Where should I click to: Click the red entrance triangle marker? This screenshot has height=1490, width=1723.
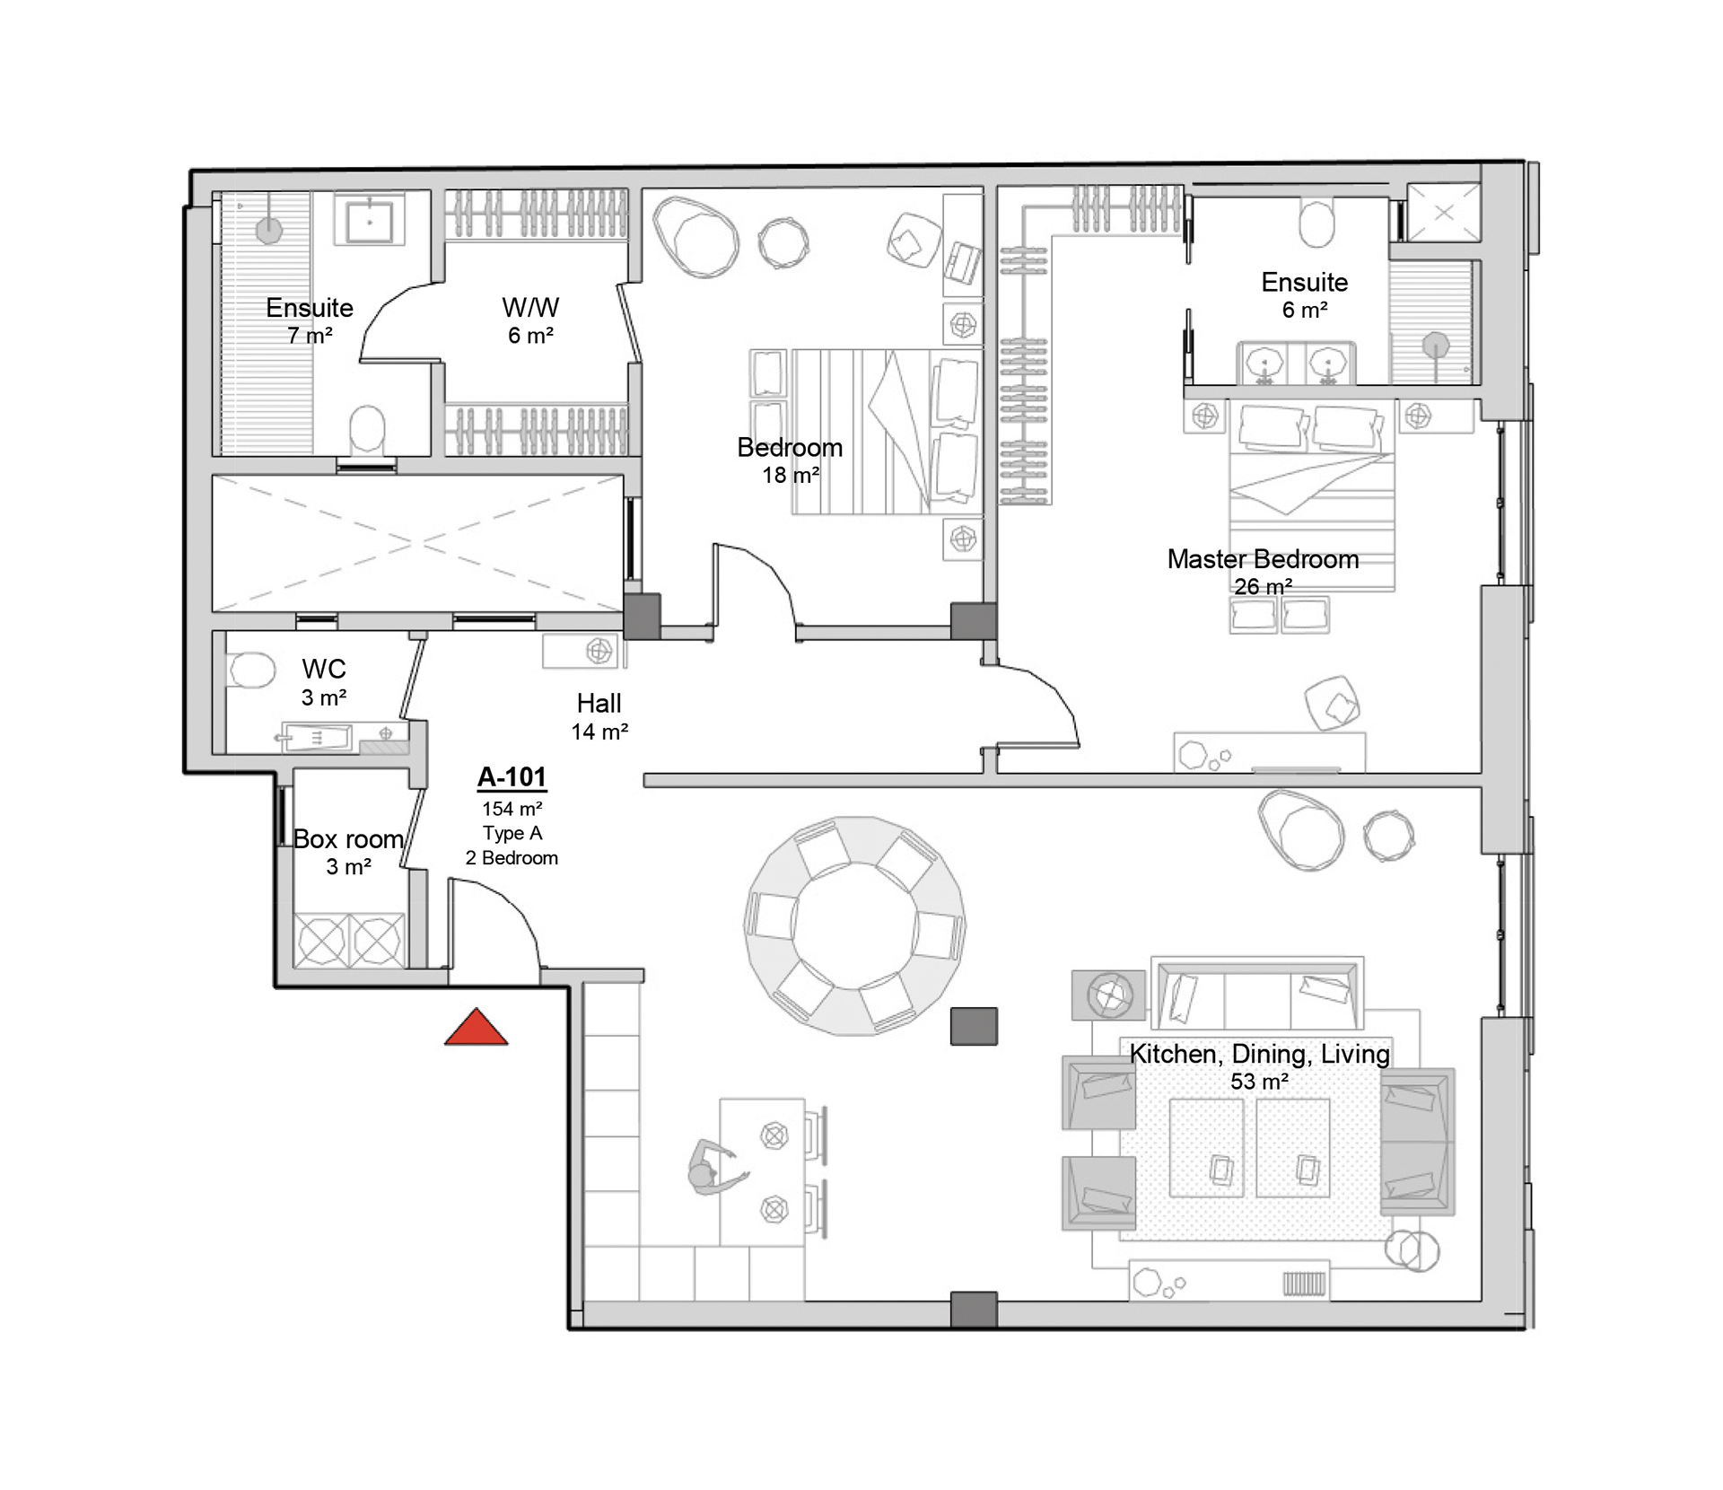[x=477, y=1028]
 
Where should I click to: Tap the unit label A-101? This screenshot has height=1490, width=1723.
[x=512, y=776]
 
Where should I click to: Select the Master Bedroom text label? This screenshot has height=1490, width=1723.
[x=1263, y=559]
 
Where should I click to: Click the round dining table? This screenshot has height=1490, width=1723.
[x=855, y=925]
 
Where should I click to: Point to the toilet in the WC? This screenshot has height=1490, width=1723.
[x=250, y=670]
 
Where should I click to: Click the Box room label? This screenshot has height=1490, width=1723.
[x=348, y=839]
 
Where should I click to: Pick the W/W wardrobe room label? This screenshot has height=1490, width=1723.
[x=530, y=308]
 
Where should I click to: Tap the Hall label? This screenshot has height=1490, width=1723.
[x=599, y=703]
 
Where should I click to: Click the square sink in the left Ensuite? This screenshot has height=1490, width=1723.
[x=370, y=220]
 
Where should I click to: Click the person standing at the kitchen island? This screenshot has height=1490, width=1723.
[x=714, y=1168]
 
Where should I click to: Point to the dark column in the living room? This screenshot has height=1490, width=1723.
[x=974, y=1026]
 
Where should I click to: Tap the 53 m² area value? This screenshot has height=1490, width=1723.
[x=1259, y=1082]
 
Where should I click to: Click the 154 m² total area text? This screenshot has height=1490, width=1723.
[x=512, y=809]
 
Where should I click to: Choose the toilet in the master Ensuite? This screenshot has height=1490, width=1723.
[x=1316, y=223]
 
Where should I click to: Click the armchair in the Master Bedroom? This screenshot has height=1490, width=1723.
[x=1333, y=703]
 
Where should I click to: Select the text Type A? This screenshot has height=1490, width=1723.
[x=512, y=833]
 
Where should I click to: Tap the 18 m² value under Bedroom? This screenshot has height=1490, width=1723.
[x=791, y=475]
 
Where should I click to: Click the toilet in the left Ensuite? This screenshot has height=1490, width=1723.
[x=366, y=429]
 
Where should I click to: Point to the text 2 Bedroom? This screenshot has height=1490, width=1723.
[x=512, y=858]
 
